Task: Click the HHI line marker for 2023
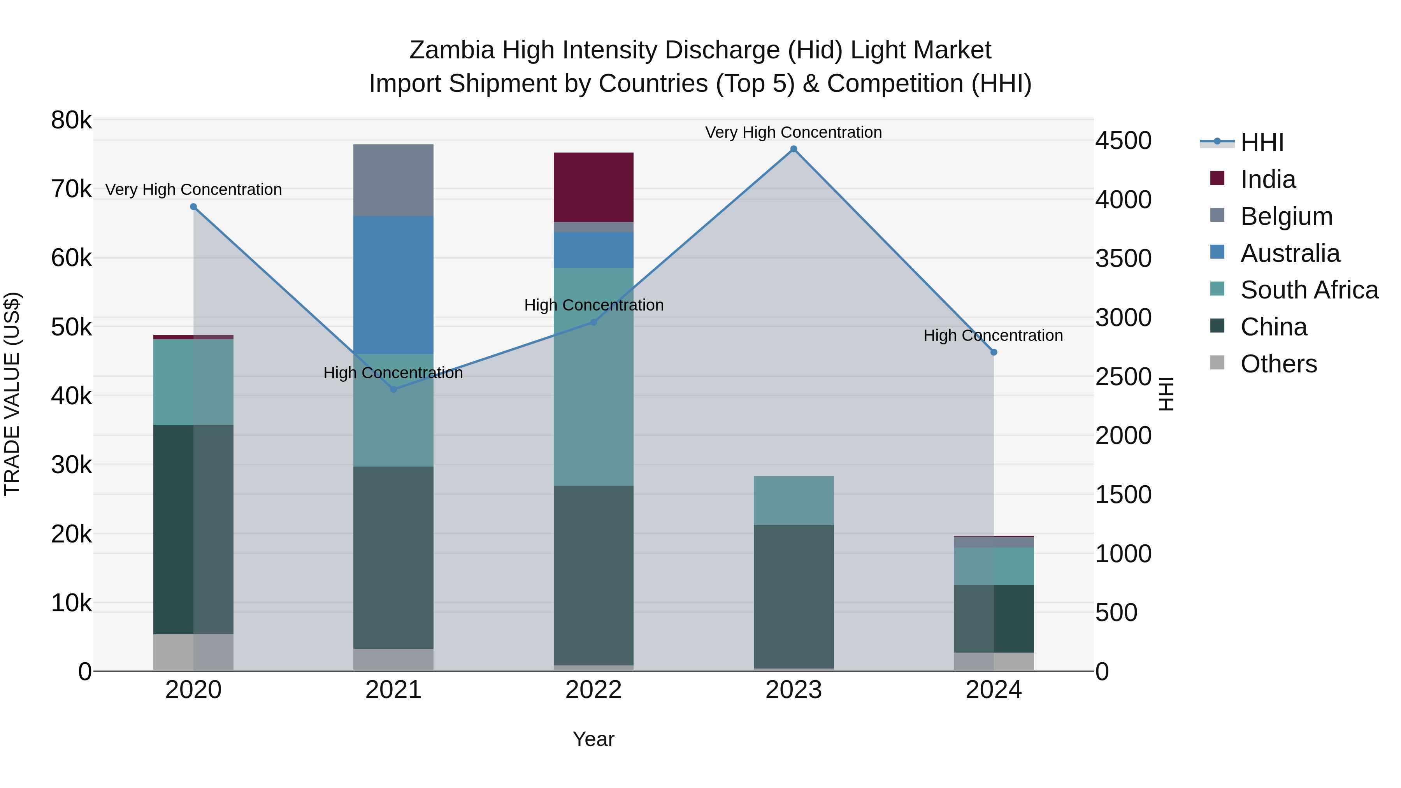pyautogui.click(x=794, y=149)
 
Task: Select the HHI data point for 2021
pyautogui.click(x=393, y=390)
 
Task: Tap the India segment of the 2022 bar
pyautogui.click(x=593, y=187)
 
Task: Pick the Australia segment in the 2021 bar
pyautogui.click(x=393, y=285)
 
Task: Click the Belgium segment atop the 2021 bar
pyautogui.click(x=393, y=180)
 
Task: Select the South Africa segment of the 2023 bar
pyautogui.click(x=794, y=500)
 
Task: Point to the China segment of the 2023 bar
pyautogui.click(x=794, y=596)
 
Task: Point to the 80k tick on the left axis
pyautogui.click(x=71, y=120)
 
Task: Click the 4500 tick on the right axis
pyautogui.click(x=1123, y=141)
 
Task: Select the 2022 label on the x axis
pyautogui.click(x=593, y=690)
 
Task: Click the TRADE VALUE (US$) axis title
pyautogui.click(x=12, y=394)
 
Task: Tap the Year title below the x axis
pyautogui.click(x=593, y=739)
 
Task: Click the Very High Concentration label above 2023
pyautogui.click(x=794, y=132)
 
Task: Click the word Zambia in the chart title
pyautogui.click(x=451, y=50)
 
